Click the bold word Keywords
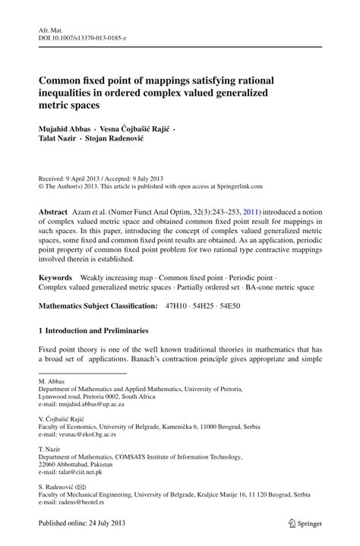click(x=55, y=279)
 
